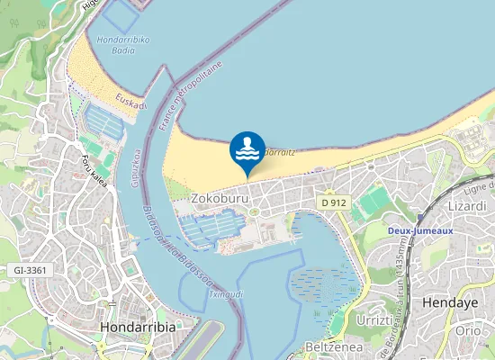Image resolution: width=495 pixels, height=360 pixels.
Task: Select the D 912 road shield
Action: pyautogui.click(x=333, y=203)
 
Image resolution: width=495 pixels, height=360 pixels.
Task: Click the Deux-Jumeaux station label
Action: pyautogui.click(x=419, y=229)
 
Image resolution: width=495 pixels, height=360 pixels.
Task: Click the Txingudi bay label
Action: pyautogui.click(x=226, y=294)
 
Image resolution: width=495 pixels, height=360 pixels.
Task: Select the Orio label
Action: pyautogui.click(x=469, y=330)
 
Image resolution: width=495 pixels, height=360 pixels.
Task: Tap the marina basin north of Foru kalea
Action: pyautogui.click(x=101, y=122)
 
